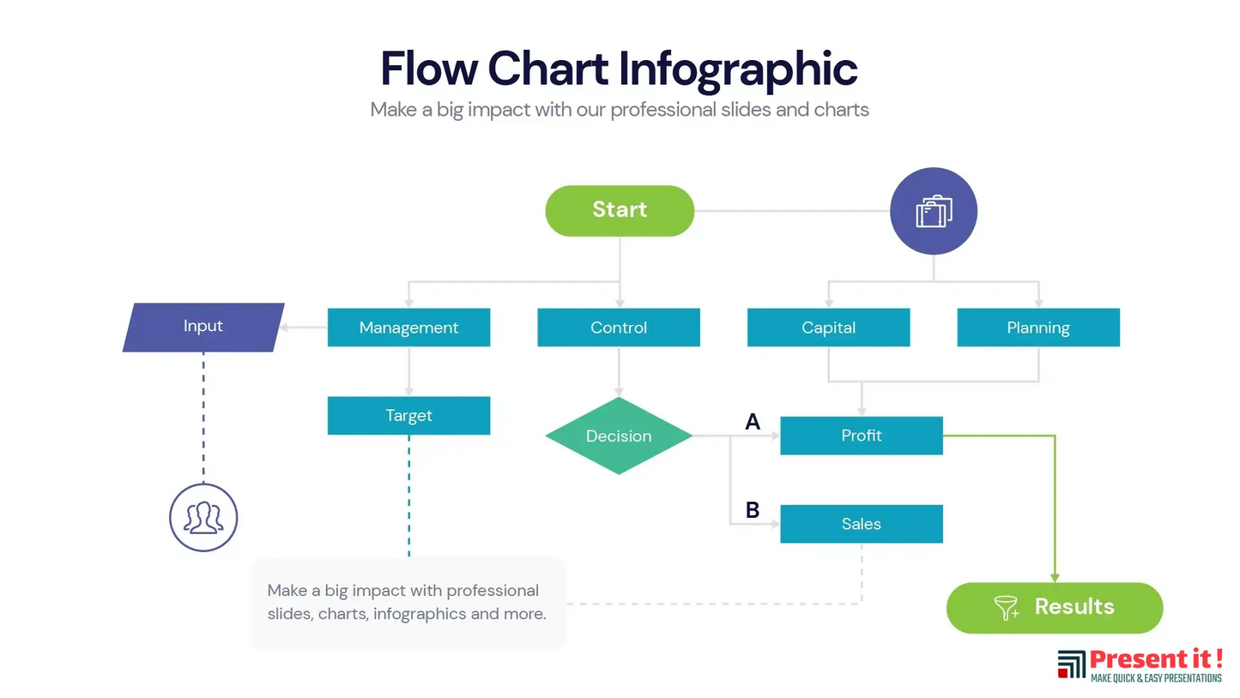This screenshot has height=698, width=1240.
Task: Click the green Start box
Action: point(619,210)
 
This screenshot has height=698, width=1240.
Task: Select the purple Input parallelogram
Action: point(203,327)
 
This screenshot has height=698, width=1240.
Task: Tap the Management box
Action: point(408,328)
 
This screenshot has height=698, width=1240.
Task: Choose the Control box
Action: point(618,328)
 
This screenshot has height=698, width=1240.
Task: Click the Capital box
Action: point(828,328)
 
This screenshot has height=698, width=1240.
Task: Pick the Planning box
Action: point(1037,328)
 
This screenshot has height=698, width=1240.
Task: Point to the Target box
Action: point(408,416)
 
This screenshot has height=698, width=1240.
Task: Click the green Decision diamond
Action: point(618,436)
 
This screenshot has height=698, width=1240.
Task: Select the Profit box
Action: point(861,436)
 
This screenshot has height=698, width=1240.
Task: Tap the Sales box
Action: point(861,524)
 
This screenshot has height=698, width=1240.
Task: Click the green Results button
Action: point(1054,607)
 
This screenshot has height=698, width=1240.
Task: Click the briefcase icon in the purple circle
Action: point(934,211)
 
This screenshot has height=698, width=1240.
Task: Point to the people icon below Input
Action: point(203,517)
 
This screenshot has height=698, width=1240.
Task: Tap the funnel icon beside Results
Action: point(1006,608)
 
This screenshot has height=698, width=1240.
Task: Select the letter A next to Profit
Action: point(753,421)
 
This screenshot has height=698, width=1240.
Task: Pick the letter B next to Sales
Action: point(753,510)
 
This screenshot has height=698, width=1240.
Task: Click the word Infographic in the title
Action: point(737,69)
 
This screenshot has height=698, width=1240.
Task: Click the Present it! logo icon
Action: point(1071,665)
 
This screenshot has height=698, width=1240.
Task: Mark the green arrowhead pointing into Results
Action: point(1055,577)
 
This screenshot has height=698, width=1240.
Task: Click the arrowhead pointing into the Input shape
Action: point(288,327)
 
